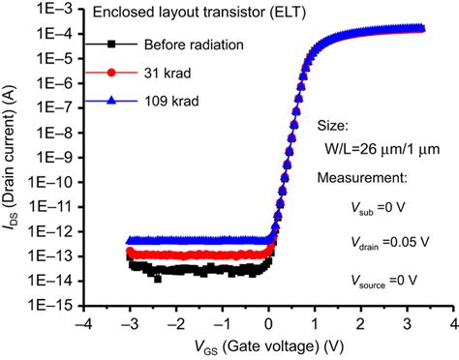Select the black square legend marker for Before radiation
tap(112, 45)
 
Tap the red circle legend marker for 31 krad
tap(112, 73)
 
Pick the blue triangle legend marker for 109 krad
tap(112, 101)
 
